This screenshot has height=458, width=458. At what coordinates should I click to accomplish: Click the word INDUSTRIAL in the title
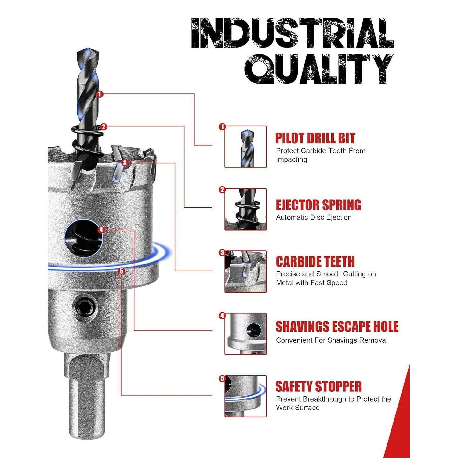click(292, 33)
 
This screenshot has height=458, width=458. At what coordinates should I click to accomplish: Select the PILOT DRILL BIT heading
click(315, 138)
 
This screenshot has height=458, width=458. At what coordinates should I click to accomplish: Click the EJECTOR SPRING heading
click(318, 205)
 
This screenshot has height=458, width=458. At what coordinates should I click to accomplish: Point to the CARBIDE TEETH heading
click(315, 262)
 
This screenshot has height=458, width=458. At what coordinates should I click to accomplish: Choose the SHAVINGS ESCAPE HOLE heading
click(337, 327)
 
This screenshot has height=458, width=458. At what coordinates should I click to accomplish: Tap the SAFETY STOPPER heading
click(318, 387)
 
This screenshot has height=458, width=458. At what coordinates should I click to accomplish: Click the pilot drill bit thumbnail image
click(245, 147)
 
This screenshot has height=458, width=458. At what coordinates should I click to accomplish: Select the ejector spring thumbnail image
click(245, 209)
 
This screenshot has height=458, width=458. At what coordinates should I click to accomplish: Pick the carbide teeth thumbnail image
click(245, 271)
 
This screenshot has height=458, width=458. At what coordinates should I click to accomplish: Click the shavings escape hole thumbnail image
click(245, 334)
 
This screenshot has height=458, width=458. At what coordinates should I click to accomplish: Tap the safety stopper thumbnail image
click(245, 396)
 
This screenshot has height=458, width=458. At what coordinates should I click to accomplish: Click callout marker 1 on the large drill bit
click(100, 94)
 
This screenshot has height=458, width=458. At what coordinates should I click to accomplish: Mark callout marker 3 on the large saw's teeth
click(125, 163)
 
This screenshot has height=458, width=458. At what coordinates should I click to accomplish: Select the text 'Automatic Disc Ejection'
click(314, 217)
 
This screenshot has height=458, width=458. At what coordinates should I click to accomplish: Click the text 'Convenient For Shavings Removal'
click(332, 340)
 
